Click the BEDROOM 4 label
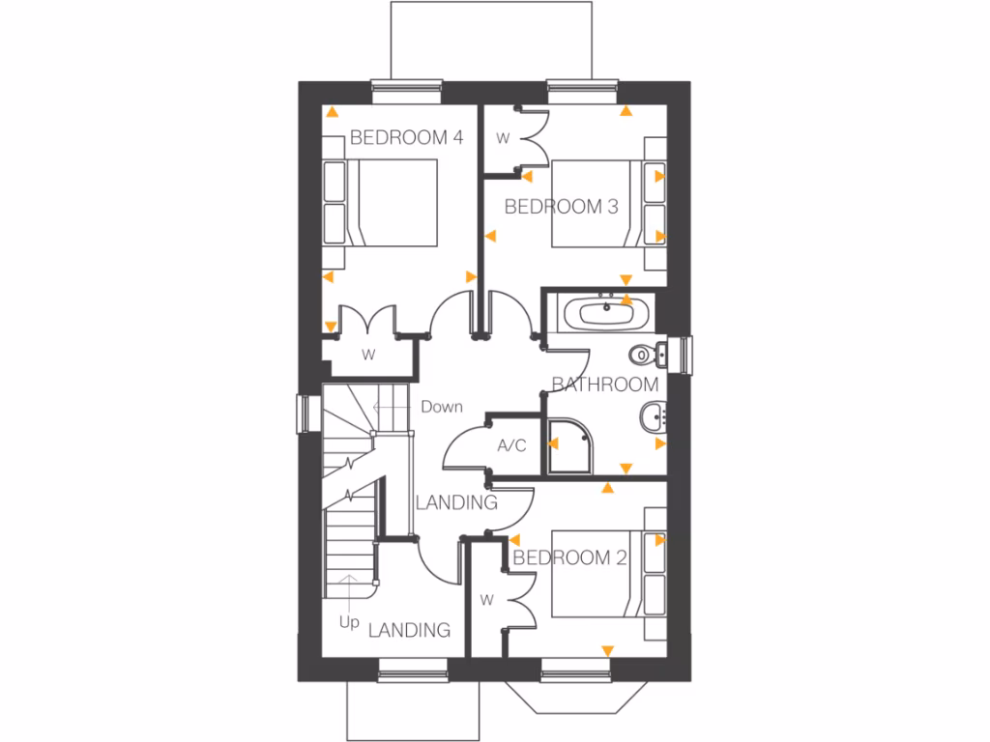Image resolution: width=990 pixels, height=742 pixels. tap(406, 138)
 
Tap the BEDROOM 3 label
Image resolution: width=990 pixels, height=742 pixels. tap(561, 206)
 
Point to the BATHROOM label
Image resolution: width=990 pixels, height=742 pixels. tap(605, 385)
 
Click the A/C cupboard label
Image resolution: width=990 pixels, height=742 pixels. tap(511, 445)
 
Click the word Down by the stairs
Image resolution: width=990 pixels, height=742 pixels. tap(441, 407)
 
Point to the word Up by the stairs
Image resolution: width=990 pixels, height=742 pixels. tap(349, 623)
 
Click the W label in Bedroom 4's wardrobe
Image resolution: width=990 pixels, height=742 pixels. tap(368, 355)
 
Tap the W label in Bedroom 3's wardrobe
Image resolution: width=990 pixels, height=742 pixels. tap(503, 138)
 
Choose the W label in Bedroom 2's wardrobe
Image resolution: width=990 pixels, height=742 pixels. tap(486, 600)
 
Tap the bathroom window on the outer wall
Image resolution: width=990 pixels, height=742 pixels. tap(687, 353)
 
